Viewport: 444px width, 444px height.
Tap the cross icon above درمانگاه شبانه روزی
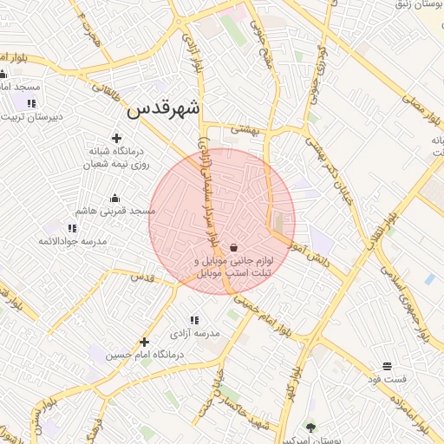[x=117, y=137]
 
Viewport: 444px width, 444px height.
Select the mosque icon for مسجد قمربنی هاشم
[x=114, y=198]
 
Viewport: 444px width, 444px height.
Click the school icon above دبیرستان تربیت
[x=31, y=103]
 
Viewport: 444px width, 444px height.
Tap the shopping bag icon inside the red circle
[x=234, y=248]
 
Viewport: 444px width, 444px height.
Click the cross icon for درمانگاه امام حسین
[x=144, y=342]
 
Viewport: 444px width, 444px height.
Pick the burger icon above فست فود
[x=386, y=366]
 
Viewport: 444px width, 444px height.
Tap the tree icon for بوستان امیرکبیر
[x=311, y=426]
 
